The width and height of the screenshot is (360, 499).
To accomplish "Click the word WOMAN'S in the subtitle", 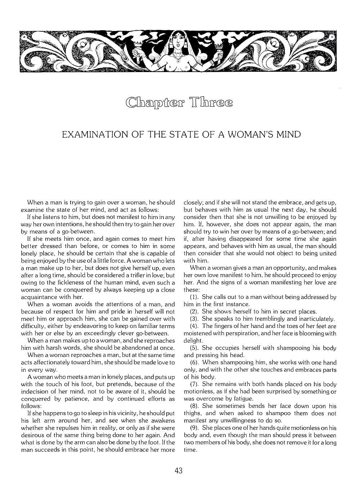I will coord(246,135).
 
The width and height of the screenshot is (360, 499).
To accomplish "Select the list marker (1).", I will coord(195,297).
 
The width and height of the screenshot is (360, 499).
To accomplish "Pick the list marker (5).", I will coord(195,348).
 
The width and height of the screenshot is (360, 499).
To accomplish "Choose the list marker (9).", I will coord(195,428).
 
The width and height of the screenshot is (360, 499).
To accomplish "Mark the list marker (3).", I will coord(195,319).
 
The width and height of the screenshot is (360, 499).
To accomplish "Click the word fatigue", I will coord(244,398).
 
